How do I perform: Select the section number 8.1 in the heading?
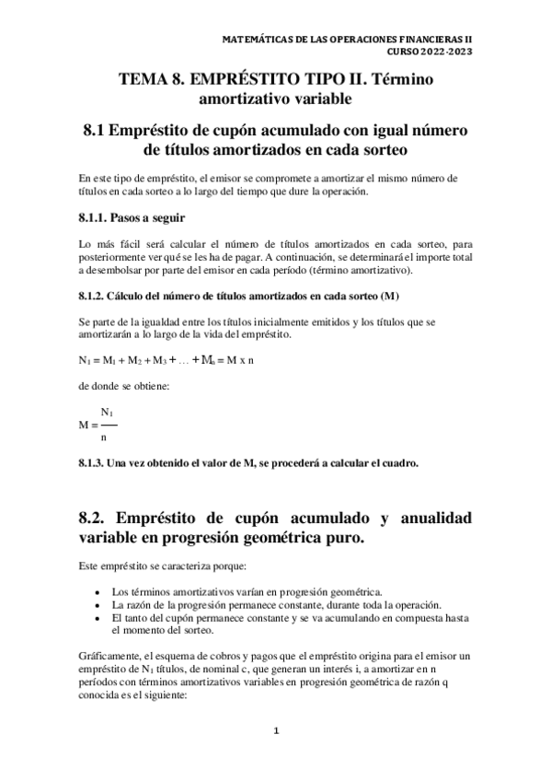[96, 131]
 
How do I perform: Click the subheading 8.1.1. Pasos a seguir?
[132, 217]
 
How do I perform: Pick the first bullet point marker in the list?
[98, 590]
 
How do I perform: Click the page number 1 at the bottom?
[275, 732]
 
